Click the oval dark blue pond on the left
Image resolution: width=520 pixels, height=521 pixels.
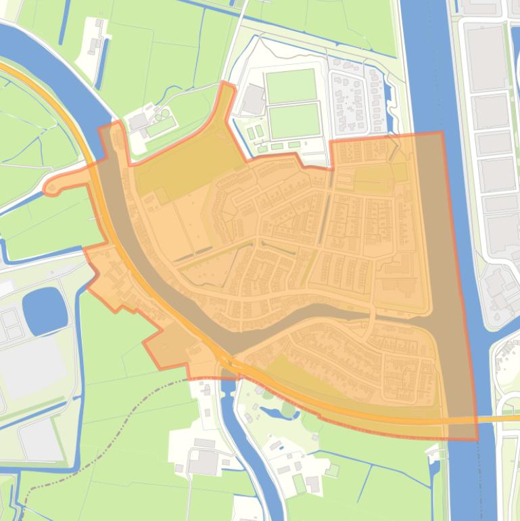pyautogui.click(x=45, y=310)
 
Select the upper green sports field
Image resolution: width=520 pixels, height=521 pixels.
pyautogui.click(x=291, y=86)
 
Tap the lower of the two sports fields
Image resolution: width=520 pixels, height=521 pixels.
pyautogui.click(x=294, y=120)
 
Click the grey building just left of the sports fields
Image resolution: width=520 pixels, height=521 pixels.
pyautogui.click(x=254, y=99)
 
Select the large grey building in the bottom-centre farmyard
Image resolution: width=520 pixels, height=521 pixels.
pyautogui.click(x=204, y=462)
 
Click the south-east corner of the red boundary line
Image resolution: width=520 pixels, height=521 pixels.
pyautogui.click(x=476, y=438)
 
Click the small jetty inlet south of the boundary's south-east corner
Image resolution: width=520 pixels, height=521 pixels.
pyautogui.click(x=433, y=455)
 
